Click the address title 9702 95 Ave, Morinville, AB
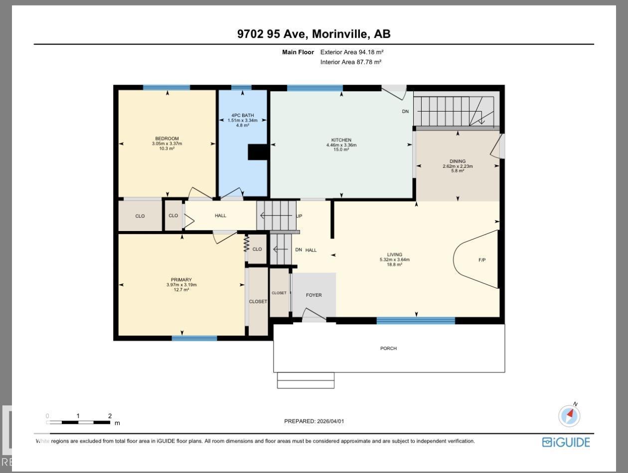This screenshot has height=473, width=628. [x=314, y=34]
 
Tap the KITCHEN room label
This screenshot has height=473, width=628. [x=341, y=140]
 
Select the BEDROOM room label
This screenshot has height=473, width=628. [x=166, y=139]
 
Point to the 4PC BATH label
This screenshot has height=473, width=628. [x=241, y=116]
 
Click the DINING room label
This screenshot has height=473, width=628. [x=457, y=161]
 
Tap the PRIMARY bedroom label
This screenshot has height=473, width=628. [x=181, y=280]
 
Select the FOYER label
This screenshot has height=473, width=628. [x=314, y=295]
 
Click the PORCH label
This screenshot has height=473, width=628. [x=388, y=349]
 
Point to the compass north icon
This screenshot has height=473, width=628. [x=570, y=415]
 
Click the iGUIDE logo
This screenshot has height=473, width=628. [x=566, y=442]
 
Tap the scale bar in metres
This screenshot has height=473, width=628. [x=78, y=422]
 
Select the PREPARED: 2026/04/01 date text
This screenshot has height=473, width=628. [x=314, y=421]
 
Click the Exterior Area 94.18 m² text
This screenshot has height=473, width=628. [x=351, y=52]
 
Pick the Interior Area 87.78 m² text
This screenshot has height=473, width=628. [x=350, y=62]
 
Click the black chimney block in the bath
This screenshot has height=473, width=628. [x=258, y=152]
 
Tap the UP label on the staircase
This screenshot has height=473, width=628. [x=299, y=216]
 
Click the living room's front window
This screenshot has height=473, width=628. [x=416, y=321]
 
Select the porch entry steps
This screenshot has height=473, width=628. [x=299, y=380]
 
